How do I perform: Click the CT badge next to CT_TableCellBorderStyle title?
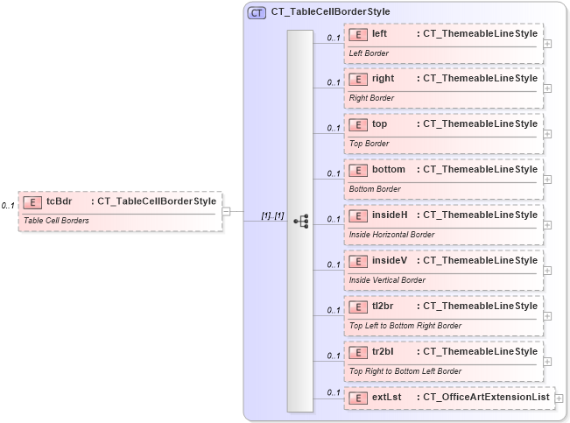pyautogui.click(x=257, y=12)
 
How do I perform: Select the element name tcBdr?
pyautogui.click(x=59, y=201)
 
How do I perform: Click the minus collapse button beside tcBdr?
pyautogui.click(x=226, y=210)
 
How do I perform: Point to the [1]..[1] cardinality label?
pyautogui.click(x=272, y=215)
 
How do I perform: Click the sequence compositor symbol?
pyautogui.click(x=300, y=221)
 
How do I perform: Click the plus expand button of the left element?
pyautogui.click(x=547, y=43)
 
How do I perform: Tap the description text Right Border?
pyautogui.click(x=371, y=98)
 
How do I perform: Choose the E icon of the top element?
pyautogui.click(x=357, y=124)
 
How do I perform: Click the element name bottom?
pyautogui.click(x=388, y=169)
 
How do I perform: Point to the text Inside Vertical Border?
pyautogui.click(x=387, y=280)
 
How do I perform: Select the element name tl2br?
pyautogui.click(x=383, y=306)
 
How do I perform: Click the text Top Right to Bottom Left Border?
pyautogui.click(x=405, y=371)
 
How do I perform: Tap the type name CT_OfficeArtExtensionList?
pyautogui.click(x=486, y=398)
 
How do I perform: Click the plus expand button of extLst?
pyautogui.click(x=559, y=398)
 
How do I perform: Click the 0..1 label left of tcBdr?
pyautogui.click(x=8, y=206)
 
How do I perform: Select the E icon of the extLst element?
pyautogui.click(x=357, y=398)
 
